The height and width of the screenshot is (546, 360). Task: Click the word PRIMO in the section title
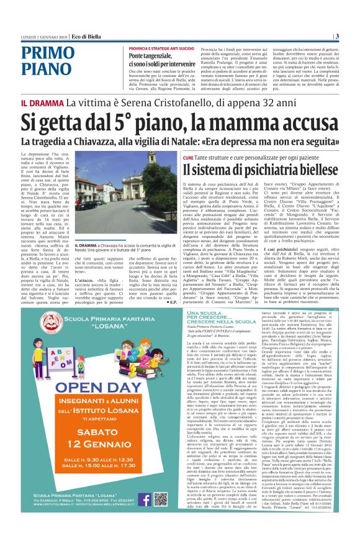point(41,53)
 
